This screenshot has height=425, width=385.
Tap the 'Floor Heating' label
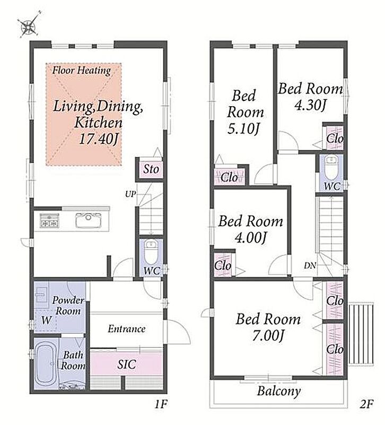(82, 71)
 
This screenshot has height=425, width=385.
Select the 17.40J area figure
(99, 139)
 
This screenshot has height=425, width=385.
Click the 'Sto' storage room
(151, 169)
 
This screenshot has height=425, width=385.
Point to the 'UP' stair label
(130, 194)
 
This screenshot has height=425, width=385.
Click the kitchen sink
(89, 220)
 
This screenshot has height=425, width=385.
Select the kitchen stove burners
(49, 220)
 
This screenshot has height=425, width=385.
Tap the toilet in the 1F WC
(151, 251)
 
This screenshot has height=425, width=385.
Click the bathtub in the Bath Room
(46, 363)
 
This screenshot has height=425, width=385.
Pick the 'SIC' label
(126, 364)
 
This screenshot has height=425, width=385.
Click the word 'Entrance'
(127, 329)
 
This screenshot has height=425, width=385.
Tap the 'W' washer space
(46, 320)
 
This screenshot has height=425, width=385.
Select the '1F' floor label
(161, 404)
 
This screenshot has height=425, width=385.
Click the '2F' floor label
(366, 404)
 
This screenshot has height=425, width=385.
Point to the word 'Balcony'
(279, 391)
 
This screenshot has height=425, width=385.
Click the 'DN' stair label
(310, 266)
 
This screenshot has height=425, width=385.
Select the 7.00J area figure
(268, 336)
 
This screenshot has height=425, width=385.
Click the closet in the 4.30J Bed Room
(335, 138)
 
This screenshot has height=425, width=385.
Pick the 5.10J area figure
(243, 129)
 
